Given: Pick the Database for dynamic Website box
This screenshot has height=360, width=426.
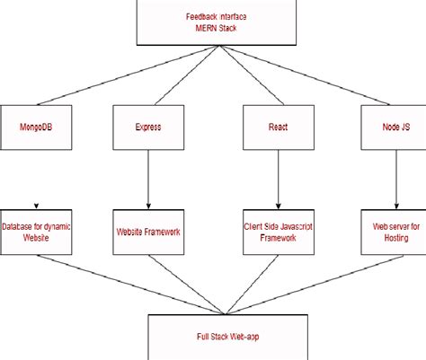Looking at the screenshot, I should [x=37, y=231].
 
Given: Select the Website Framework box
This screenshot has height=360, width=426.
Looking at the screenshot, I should [x=147, y=231].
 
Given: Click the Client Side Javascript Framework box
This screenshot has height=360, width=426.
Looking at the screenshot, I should [x=278, y=231].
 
